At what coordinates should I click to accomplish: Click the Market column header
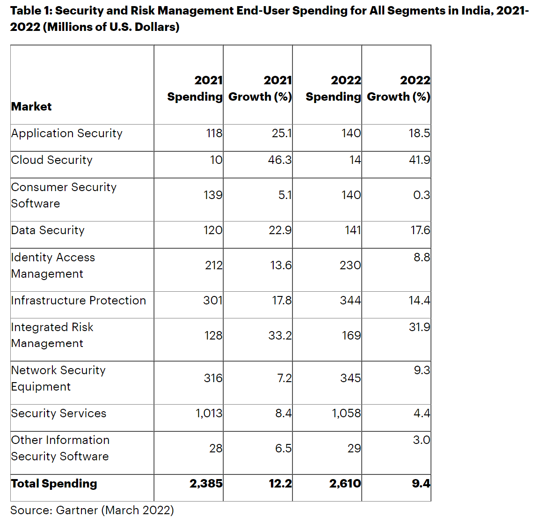[x=31, y=106]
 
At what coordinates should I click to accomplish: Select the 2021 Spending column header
[x=195, y=89]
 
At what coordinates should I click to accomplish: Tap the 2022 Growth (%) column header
[x=398, y=89]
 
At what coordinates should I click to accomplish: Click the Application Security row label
[x=66, y=133]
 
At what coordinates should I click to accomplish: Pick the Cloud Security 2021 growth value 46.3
[x=280, y=160]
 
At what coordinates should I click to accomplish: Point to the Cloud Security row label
[x=51, y=160]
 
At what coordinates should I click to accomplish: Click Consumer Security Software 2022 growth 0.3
[x=422, y=195]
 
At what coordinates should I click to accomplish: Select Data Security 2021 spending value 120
[x=213, y=230]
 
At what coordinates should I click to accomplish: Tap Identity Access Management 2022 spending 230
[x=350, y=266]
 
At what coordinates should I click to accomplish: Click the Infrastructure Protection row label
[x=78, y=301]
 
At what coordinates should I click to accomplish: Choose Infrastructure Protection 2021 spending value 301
[x=213, y=301]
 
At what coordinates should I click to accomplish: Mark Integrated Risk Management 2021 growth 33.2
[x=280, y=336]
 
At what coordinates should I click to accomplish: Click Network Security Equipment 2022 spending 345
[x=350, y=378]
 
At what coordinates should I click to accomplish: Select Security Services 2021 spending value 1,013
[x=209, y=414]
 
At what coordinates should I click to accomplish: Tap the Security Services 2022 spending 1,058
[x=346, y=414]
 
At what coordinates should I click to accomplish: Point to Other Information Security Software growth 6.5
[x=283, y=449]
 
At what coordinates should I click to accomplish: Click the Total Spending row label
[x=54, y=484]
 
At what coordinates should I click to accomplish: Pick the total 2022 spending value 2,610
[x=345, y=484]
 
